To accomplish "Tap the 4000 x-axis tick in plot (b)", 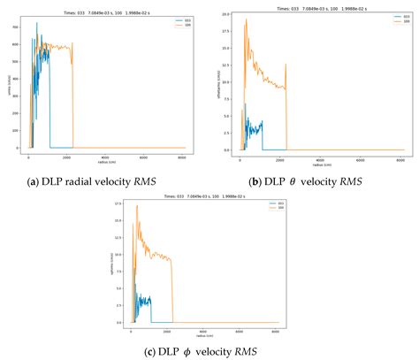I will pos(321,157).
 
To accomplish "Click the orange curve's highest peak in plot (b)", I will pos(246,19).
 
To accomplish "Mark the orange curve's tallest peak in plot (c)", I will pos(137,206).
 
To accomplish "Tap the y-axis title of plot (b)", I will pos(219,84).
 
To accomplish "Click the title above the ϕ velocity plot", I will pos(207,196).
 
